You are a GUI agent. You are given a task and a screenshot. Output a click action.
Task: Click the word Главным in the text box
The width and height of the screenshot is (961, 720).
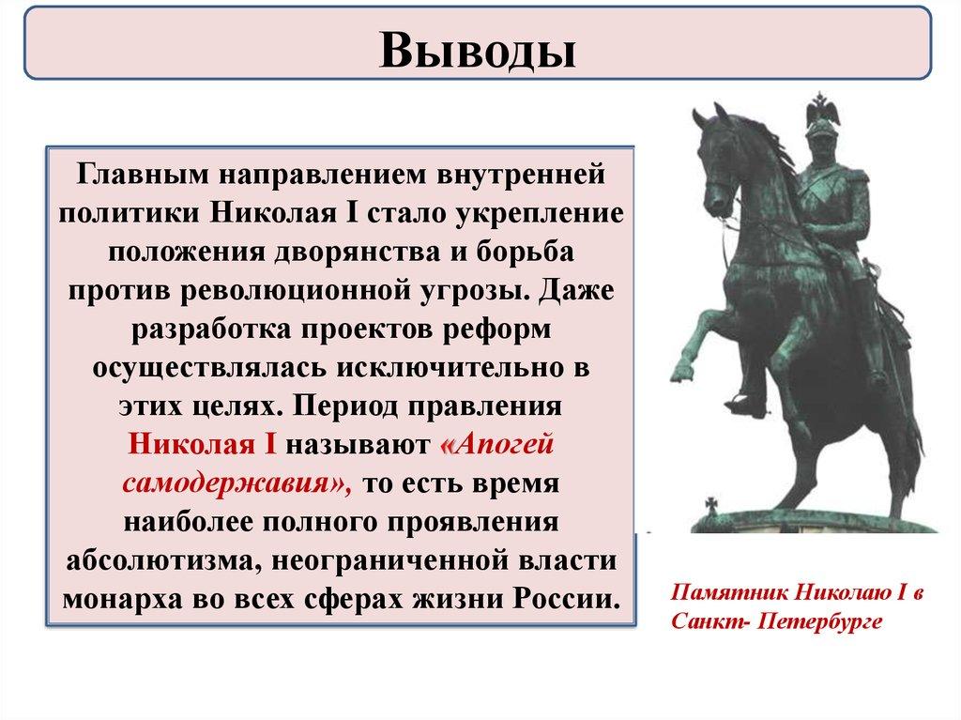click(x=143, y=175)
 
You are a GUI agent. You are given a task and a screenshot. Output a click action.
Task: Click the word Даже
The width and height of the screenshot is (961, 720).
click(x=575, y=291)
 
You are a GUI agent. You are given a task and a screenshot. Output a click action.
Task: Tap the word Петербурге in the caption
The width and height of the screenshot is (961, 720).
click(x=820, y=620)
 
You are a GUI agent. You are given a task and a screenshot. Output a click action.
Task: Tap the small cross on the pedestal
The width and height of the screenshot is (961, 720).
click(x=711, y=505)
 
